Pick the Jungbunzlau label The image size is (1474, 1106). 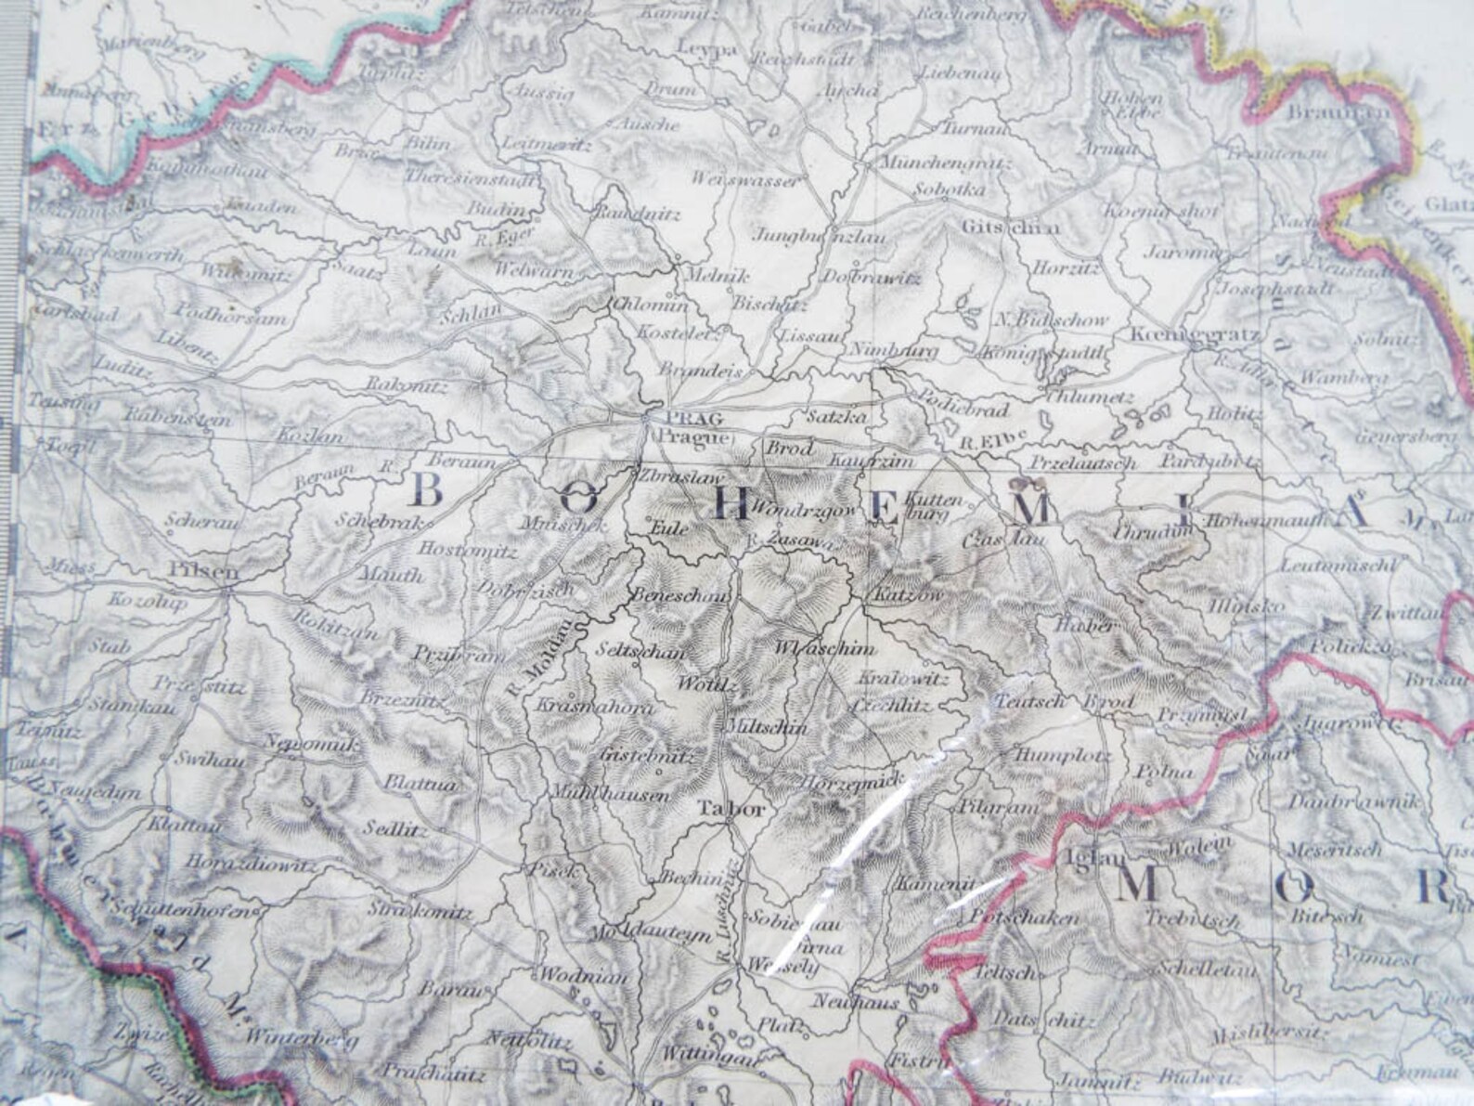[x=820, y=235]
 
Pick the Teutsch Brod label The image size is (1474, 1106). [x=1064, y=702]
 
